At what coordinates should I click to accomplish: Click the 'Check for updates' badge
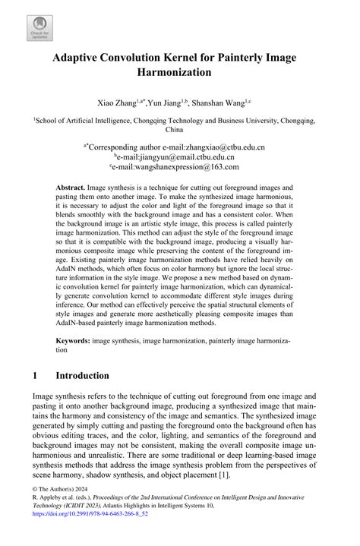39,27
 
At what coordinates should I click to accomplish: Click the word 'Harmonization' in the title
179,74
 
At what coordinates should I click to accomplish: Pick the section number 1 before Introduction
36,376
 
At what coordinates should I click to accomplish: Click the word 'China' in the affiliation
179,128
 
